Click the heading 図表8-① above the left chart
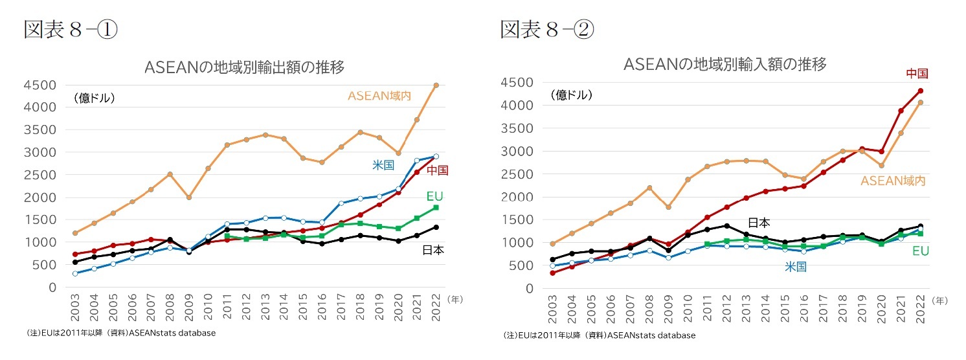71,30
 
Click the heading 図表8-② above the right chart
546,30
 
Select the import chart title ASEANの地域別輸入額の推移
725,64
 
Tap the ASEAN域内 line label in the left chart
379,96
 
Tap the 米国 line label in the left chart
383,165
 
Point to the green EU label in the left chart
434,196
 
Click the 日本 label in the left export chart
432,250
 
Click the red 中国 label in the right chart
917,73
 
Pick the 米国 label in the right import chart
796,266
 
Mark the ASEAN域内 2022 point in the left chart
436,85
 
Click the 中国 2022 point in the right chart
921,91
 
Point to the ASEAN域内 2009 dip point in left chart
188,197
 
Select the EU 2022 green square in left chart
436,207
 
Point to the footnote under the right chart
599,335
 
